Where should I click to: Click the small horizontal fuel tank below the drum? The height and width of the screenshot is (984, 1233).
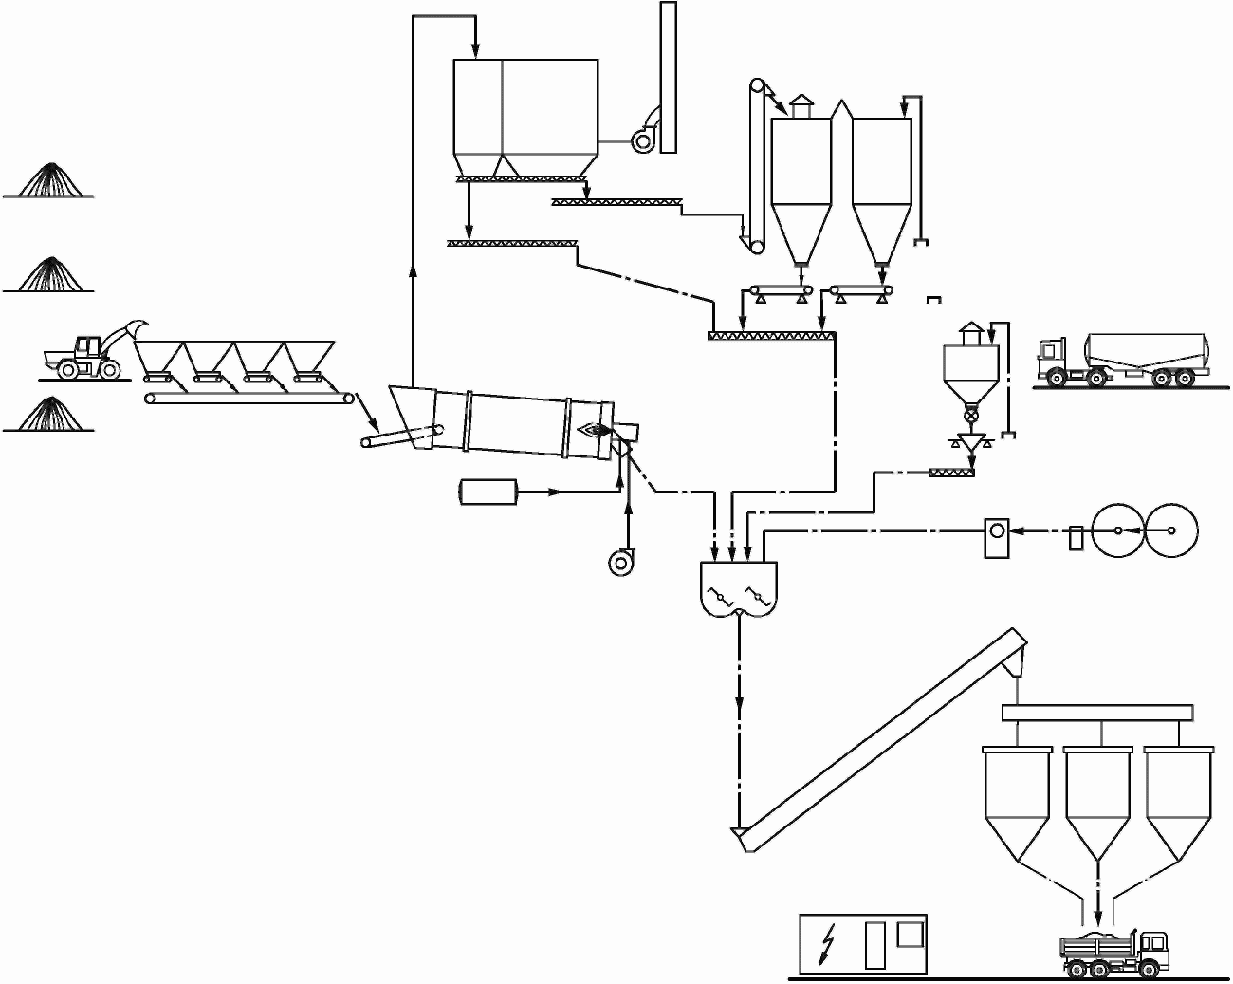pyautogui.click(x=488, y=492)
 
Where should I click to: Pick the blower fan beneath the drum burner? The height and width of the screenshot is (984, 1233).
pyautogui.click(x=621, y=562)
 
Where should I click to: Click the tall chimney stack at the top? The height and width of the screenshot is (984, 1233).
pyautogui.click(x=668, y=76)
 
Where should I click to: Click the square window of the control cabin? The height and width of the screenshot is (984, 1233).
pyautogui.click(x=910, y=932)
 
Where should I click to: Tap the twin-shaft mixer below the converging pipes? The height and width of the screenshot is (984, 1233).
pyautogui.click(x=738, y=588)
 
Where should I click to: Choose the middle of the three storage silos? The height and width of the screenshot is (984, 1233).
pyautogui.click(x=1097, y=797)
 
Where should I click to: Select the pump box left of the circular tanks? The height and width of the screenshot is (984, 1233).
pyautogui.click(x=996, y=537)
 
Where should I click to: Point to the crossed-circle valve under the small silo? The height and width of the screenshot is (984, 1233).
pyautogui.click(x=969, y=416)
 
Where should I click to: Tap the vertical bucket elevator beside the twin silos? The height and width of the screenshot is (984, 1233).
pyautogui.click(x=756, y=166)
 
